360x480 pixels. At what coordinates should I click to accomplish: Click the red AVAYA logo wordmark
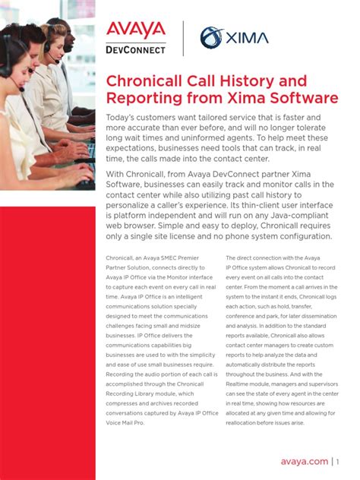tap(136, 30)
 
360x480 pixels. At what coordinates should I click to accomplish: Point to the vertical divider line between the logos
tap(183, 38)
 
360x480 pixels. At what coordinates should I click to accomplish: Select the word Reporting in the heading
tap(144, 98)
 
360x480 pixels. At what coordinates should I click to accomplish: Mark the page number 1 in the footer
tap(339, 461)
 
